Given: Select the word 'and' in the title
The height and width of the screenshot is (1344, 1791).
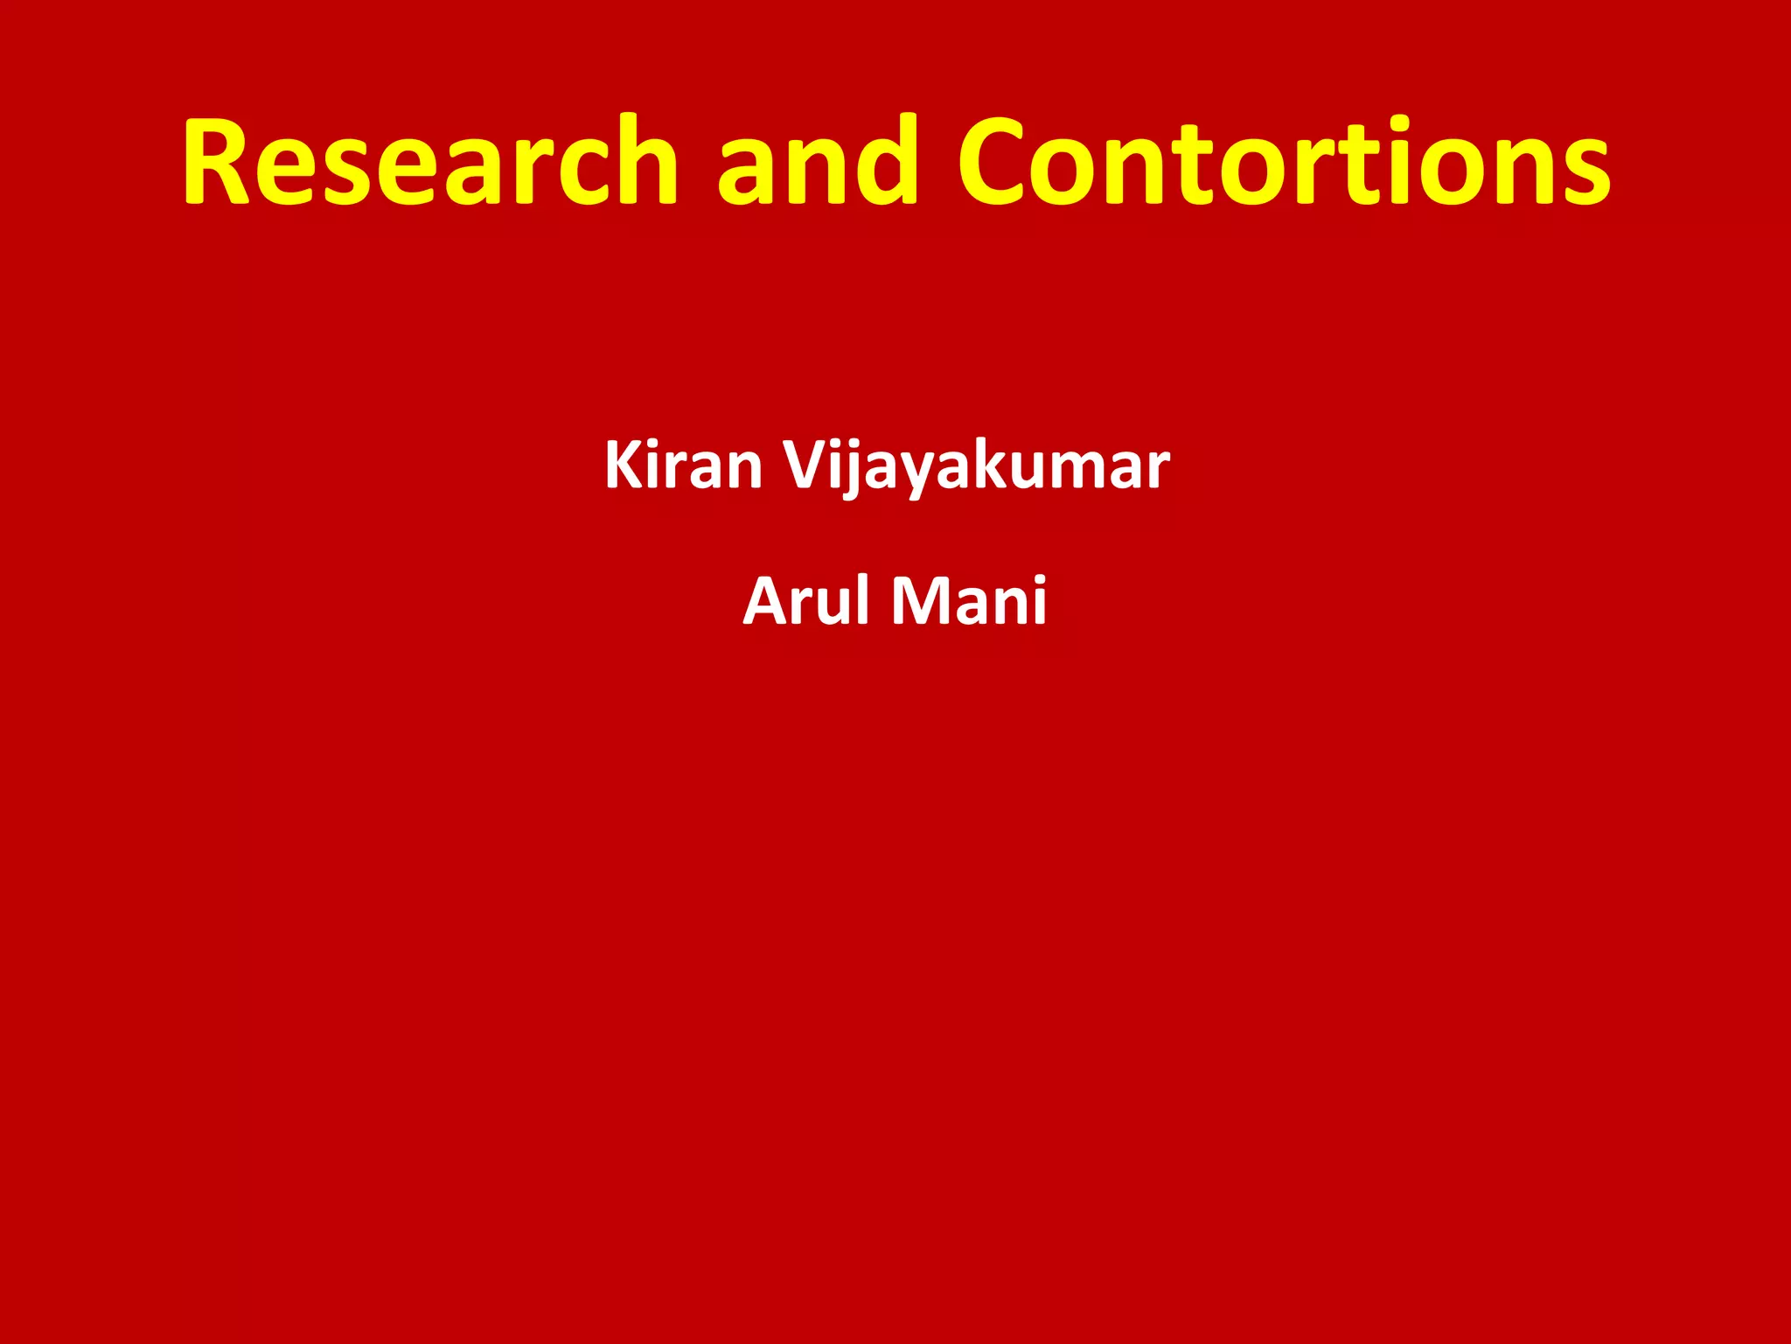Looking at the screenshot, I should click(818, 162).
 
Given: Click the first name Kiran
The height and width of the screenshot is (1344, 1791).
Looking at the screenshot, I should click(683, 465).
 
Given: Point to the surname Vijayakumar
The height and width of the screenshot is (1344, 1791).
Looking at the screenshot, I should click(975, 465).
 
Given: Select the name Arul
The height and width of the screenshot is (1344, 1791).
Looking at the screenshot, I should click(809, 602).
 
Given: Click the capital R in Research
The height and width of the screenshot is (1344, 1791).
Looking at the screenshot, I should click(219, 162).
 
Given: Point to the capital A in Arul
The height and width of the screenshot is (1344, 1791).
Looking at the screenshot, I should click(766, 602).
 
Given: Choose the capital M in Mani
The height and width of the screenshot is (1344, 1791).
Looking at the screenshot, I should click(922, 602).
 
